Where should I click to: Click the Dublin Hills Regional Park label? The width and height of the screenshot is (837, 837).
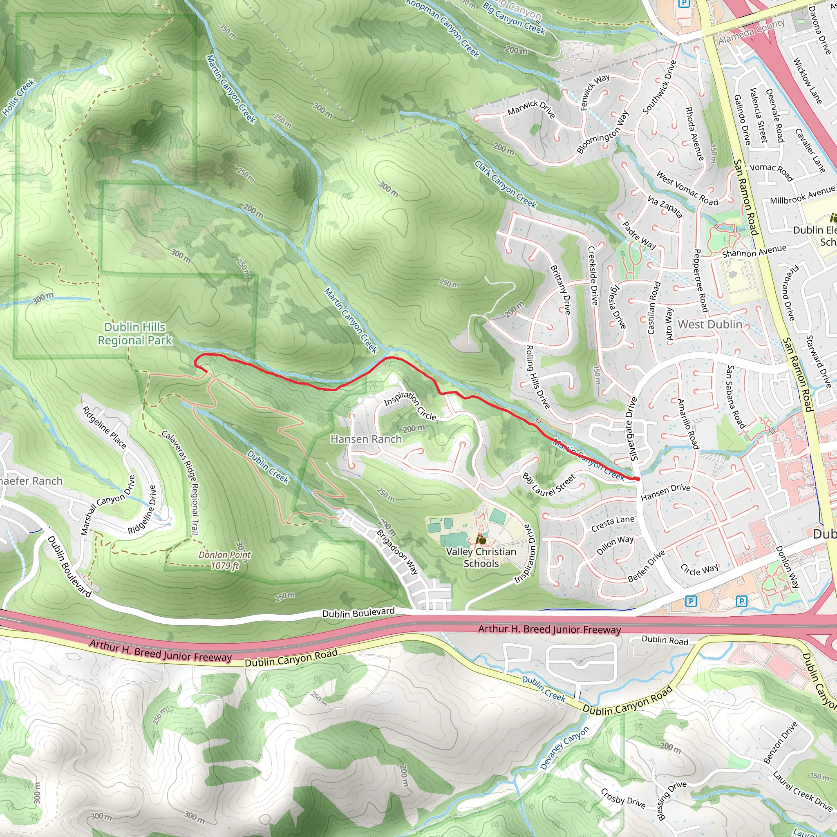click(135, 333)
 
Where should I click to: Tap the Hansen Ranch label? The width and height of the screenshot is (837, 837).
click(366, 439)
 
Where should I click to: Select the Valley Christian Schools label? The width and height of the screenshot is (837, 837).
click(481, 557)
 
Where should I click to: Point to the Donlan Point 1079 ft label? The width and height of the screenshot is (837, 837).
click(225, 560)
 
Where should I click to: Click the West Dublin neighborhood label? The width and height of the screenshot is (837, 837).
click(709, 324)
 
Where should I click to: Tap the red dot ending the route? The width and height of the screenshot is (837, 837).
click(637, 479)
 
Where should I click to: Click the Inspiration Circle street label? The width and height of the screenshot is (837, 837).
click(410, 405)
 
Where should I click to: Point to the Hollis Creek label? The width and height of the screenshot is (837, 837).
click(19, 98)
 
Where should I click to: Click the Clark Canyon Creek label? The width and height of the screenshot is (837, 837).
click(505, 185)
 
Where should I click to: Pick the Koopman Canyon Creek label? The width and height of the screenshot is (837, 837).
click(443, 28)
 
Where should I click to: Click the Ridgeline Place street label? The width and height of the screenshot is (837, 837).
click(104, 427)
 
